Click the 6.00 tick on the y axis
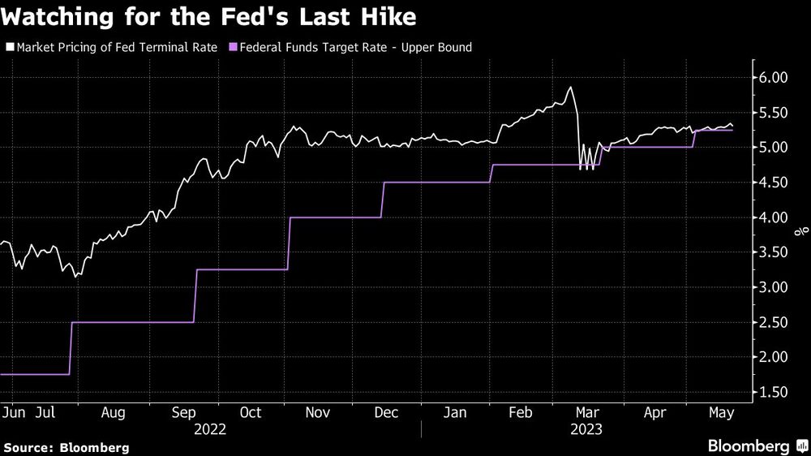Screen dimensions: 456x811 pyautogui.click(x=775, y=78)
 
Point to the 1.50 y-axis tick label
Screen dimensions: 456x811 pyautogui.click(x=775, y=393)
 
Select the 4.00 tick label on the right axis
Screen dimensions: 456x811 pyautogui.click(x=775, y=217)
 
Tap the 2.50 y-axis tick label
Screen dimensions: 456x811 pyautogui.click(x=775, y=323)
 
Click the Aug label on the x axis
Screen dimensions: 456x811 pyautogui.click(x=112, y=412)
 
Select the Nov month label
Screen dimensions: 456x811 pyautogui.click(x=318, y=412)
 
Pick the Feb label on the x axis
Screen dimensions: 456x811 pyautogui.click(x=519, y=412)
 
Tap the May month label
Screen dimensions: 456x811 pyautogui.click(x=720, y=412)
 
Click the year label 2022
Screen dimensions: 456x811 pyautogui.click(x=210, y=430)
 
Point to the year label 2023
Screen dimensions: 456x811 pyautogui.click(x=586, y=430)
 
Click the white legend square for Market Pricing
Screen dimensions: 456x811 pyautogui.click(x=10, y=48)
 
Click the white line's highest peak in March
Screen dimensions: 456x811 pyautogui.click(x=571, y=88)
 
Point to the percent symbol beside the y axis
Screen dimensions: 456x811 pyautogui.click(x=798, y=234)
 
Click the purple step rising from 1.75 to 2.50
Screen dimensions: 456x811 pyautogui.click(x=71, y=349)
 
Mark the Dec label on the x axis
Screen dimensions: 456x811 pyautogui.click(x=386, y=412)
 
